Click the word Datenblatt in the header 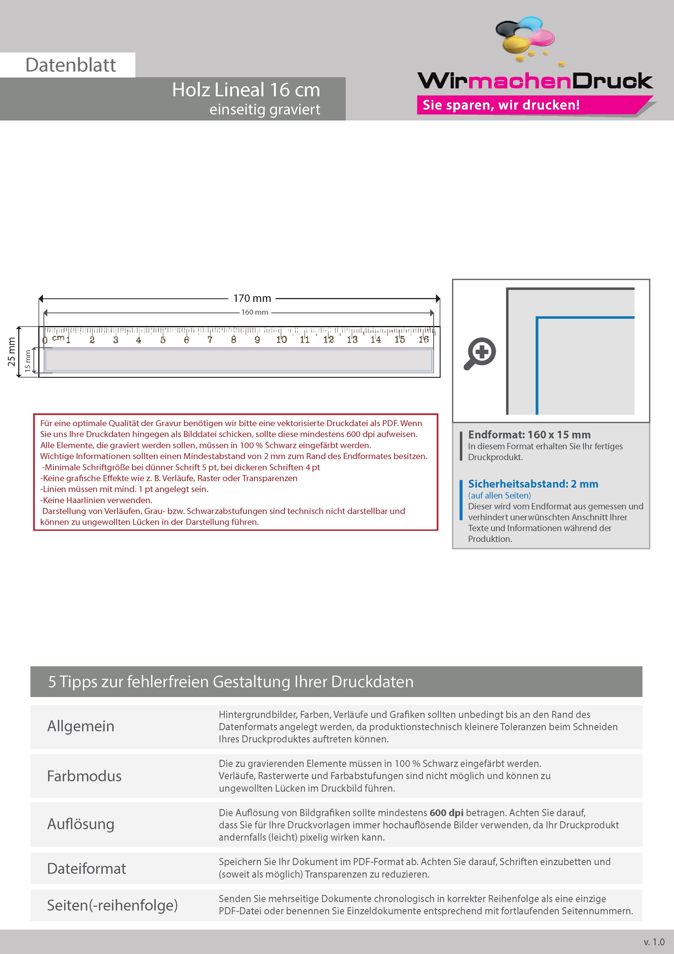tap(71, 65)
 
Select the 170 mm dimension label tap(252, 298)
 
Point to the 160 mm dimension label tap(255, 312)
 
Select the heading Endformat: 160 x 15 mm tap(529, 435)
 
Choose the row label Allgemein tap(80, 726)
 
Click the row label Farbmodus tap(84, 776)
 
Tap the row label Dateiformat tap(86, 868)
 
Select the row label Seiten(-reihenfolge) tap(112, 905)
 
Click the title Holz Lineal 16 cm tap(246, 90)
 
